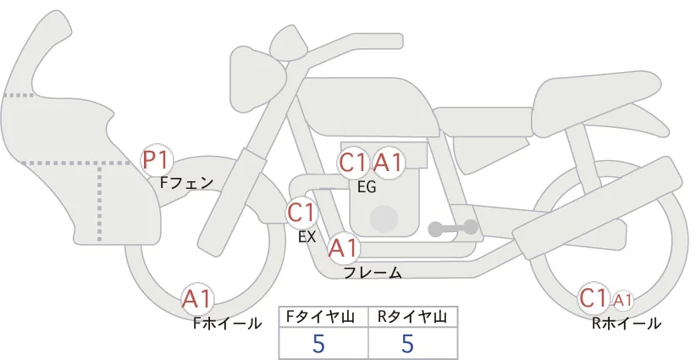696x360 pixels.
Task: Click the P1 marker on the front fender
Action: click(x=155, y=161)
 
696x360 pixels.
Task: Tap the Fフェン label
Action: click(x=186, y=183)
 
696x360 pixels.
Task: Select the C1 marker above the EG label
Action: click(x=353, y=163)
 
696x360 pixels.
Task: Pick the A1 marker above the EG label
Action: click(x=388, y=163)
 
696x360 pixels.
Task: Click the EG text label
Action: click(x=367, y=188)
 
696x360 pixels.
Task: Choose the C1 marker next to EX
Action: click(x=301, y=212)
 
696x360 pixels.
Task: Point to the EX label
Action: click(x=307, y=237)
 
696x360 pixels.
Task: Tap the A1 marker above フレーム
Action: click(x=343, y=247)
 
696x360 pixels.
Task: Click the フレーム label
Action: click(x=373, y=273)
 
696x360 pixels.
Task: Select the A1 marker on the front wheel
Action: click(x=196, y=299)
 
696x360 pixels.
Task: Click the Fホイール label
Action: click(x=227, y=324)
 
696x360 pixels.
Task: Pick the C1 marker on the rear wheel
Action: click(x=594, y=298)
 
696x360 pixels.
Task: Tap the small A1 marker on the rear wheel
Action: click(x=623, y=301)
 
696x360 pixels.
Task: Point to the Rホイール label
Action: click(x=627, y=324)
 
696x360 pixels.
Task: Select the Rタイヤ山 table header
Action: click(x=412, y=317)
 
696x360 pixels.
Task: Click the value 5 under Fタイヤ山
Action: click(x=318, y=343)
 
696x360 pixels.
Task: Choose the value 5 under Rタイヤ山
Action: click(x=407, y=343)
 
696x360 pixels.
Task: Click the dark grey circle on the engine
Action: click(x=384, y=219)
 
